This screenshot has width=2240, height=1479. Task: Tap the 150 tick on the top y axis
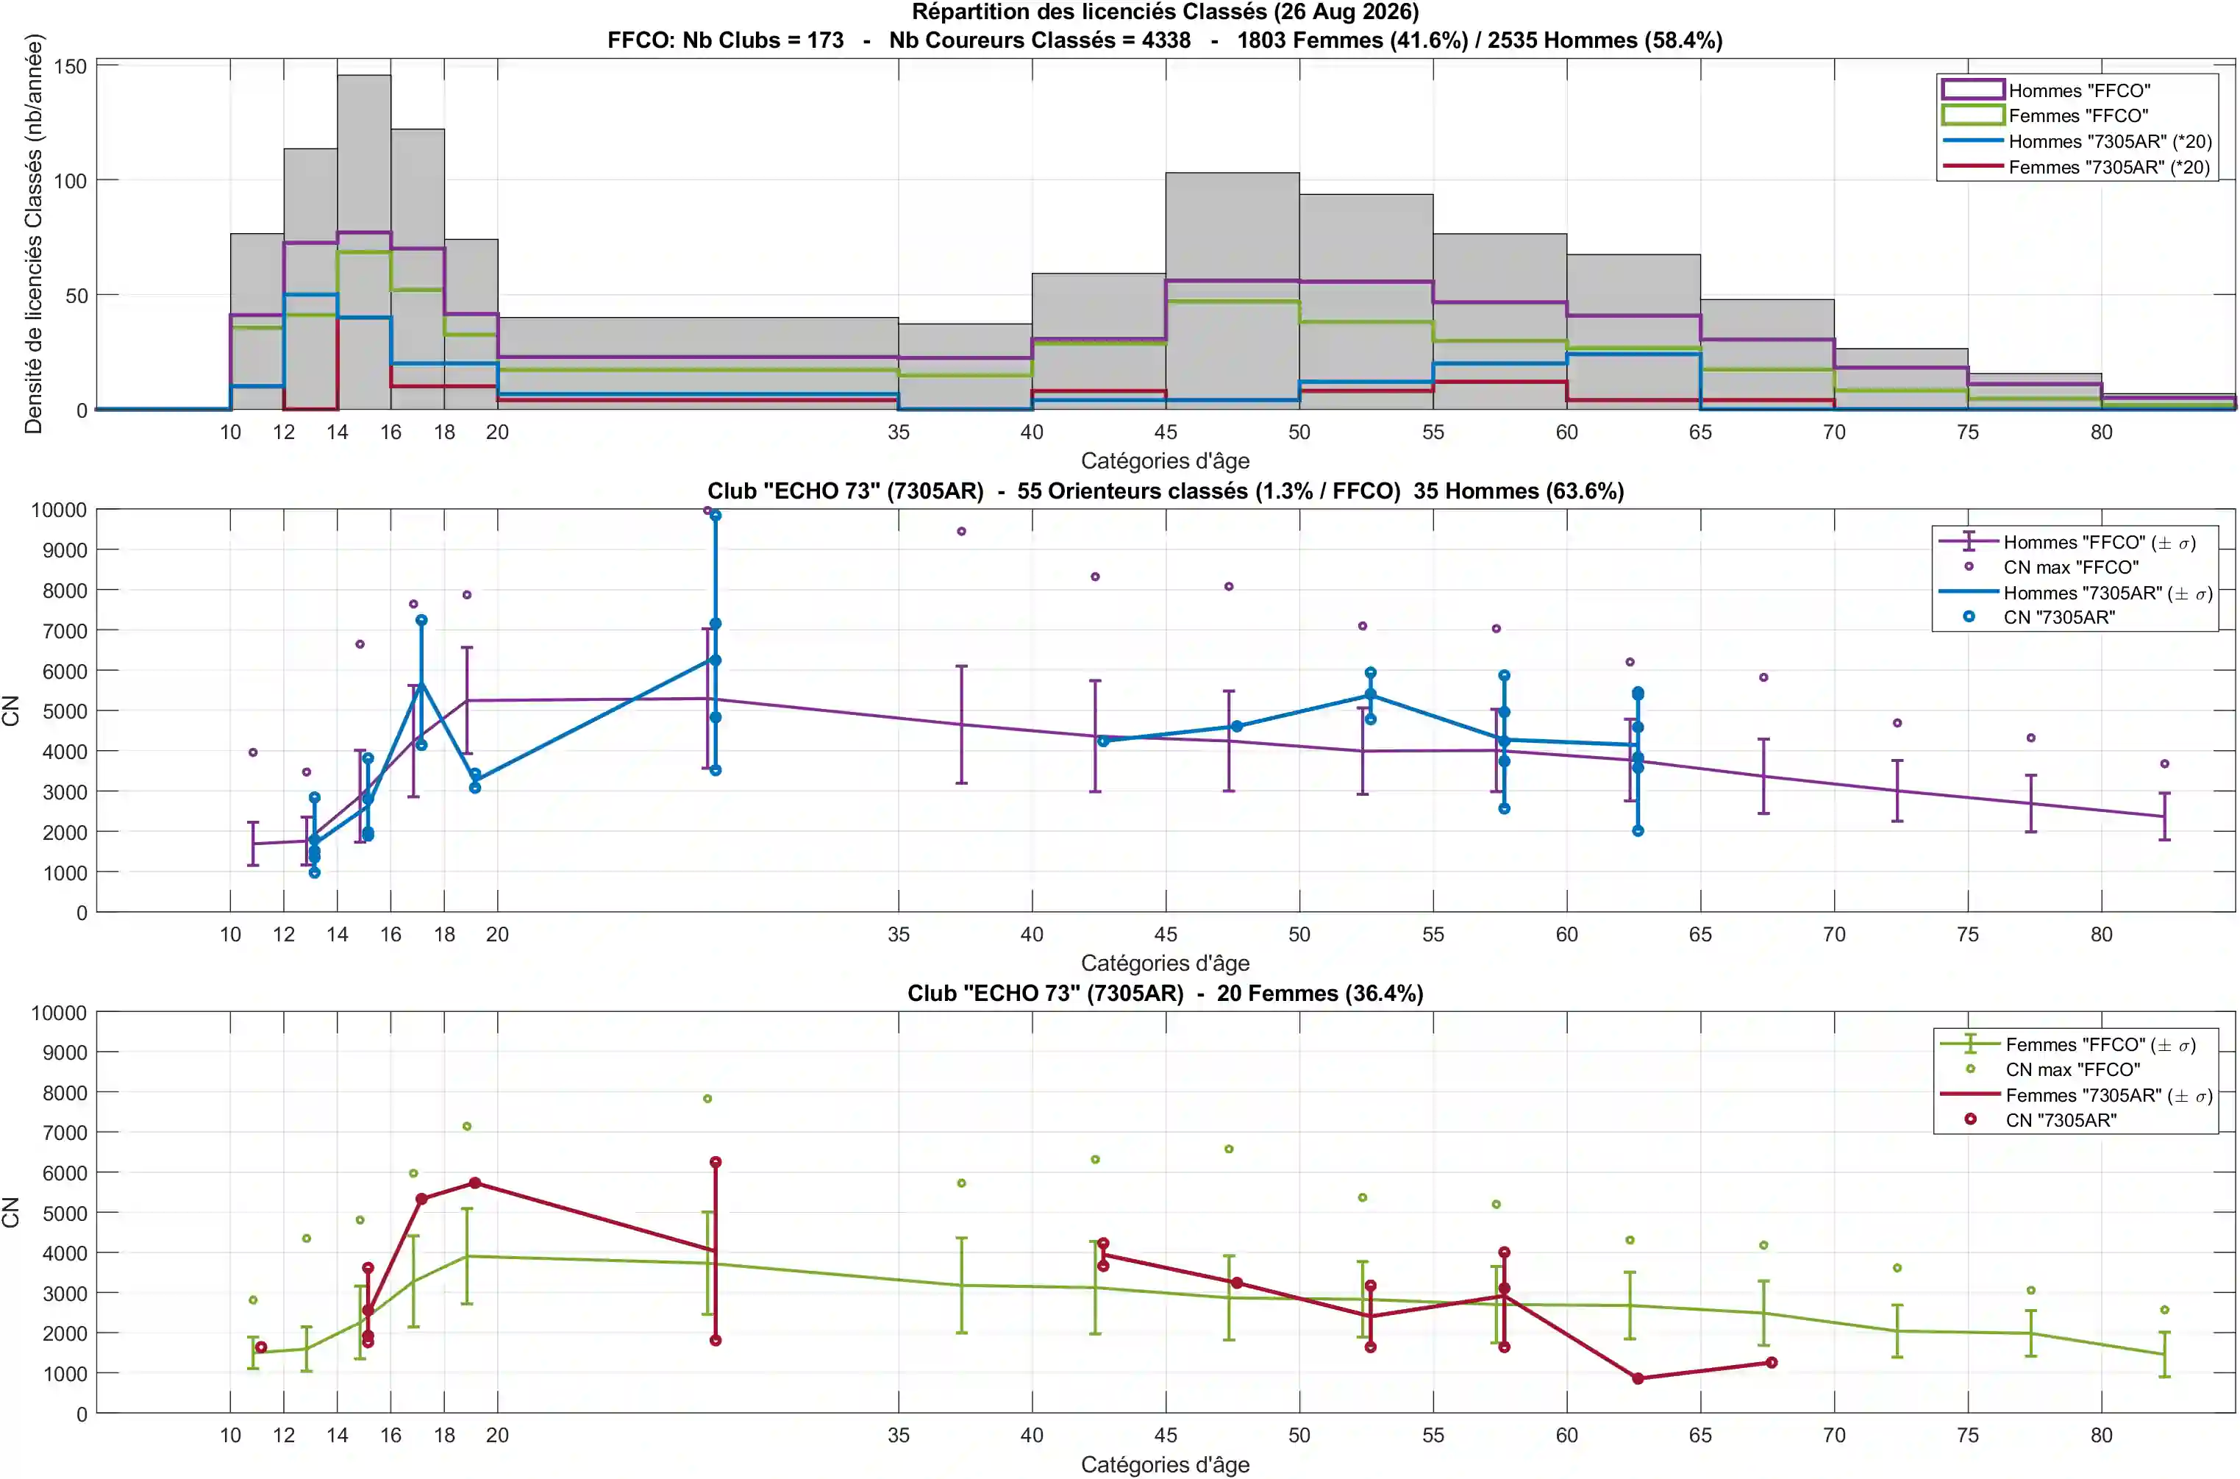click(70, 66)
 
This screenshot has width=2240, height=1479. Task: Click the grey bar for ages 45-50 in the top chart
click(1232, 291)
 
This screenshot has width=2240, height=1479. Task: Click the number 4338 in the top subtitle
click(1166, 40)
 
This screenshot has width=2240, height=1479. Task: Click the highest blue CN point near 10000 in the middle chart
click(716, 515)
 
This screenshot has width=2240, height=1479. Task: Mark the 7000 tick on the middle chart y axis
click(60, 631)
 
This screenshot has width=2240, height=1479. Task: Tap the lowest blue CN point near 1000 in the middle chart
click(314, 872)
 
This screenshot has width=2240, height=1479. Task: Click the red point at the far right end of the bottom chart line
click(1772, 1362)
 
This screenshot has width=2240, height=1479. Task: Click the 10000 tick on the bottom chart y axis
click(60, 1013)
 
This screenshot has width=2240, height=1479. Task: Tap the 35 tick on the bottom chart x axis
click(898, 1435)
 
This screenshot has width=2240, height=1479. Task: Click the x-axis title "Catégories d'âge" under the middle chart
click(1165, 963)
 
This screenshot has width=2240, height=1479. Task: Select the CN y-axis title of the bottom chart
click(11, 1212)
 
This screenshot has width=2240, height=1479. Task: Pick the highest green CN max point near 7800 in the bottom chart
click(707, 1099)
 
